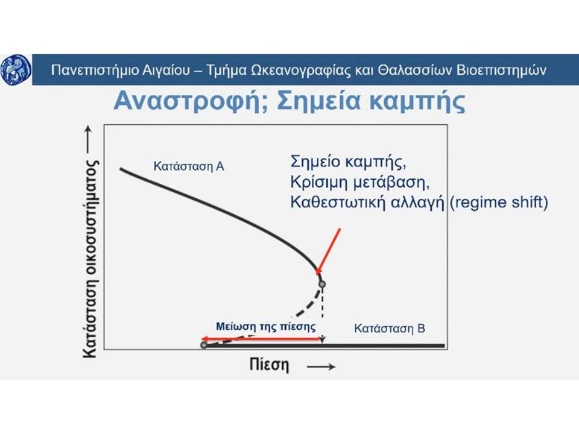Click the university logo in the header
16,69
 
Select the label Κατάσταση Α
189,166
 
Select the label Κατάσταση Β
390,328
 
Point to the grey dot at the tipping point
322,284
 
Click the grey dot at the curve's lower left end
203,345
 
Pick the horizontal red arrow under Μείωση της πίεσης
261,339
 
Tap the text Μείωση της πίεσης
266,327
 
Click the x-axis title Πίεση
269,365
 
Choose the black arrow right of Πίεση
321,366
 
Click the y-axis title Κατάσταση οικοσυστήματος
90,259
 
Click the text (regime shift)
499,203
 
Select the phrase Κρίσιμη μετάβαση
359,182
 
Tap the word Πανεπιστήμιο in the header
95,70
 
